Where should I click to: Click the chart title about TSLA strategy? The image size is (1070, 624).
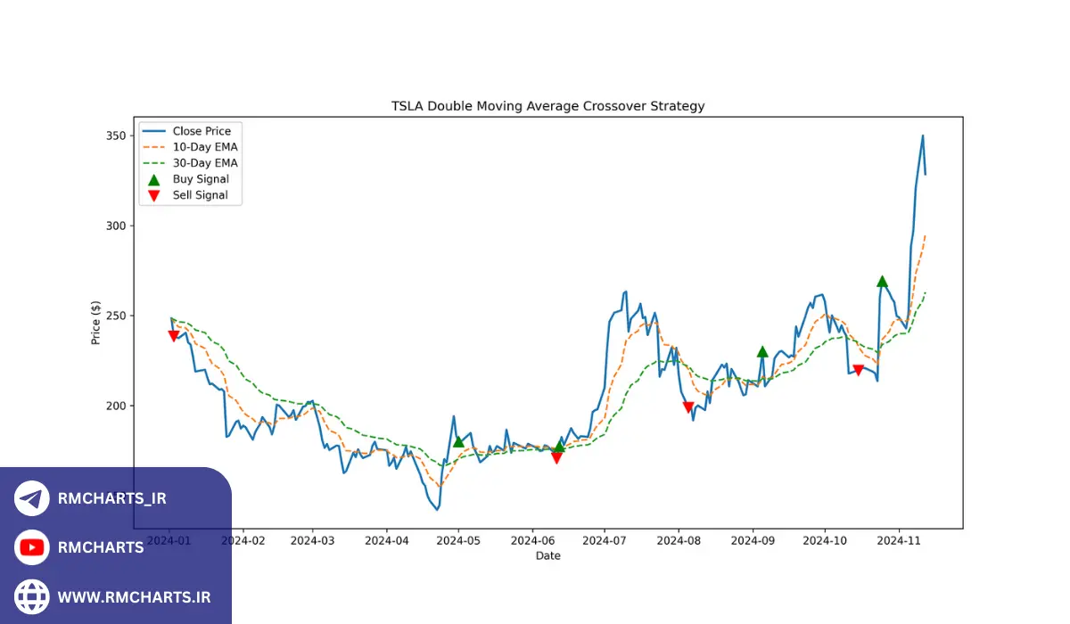pos(547,106)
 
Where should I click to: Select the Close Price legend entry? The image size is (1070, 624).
pos(202,131)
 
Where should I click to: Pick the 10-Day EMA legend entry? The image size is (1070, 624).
pos(205,147)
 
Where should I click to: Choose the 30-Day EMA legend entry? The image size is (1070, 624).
pos(205,163)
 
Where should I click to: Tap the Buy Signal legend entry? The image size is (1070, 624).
pos(200,179)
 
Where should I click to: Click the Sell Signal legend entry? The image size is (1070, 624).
pos(200,195)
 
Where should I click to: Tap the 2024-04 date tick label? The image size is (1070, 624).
pos(387,540)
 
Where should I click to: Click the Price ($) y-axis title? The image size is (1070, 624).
pos(95,323)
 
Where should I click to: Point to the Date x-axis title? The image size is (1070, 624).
pos(547,556)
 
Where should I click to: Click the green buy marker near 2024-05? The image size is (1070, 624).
pos(458,441)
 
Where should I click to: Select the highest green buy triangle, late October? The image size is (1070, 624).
pos(882,282)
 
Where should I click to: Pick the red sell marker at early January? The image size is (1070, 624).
pos(174,336)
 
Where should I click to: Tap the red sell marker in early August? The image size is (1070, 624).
pos(687,407)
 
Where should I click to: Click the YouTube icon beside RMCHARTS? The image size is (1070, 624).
pos(32,547)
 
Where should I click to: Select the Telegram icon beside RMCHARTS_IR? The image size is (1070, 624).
pos(32,498)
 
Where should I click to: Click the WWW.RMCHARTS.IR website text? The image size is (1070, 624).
pos(134,596)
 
